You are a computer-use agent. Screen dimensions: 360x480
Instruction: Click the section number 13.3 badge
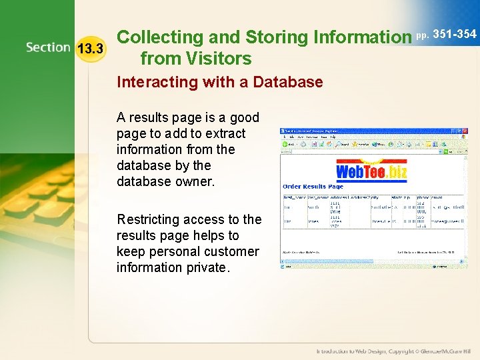tap(90, 49)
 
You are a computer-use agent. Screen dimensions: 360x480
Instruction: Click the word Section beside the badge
tap(48, 47)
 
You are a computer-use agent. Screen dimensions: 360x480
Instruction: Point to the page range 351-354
tap(455, 34)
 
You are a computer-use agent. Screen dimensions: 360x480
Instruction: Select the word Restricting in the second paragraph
tap(150, 219)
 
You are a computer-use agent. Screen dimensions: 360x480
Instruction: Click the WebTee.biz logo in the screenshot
tap(371, 172)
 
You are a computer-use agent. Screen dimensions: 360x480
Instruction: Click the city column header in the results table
tap(375, 198)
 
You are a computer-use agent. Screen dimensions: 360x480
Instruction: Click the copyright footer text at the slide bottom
tap(393, 351)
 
